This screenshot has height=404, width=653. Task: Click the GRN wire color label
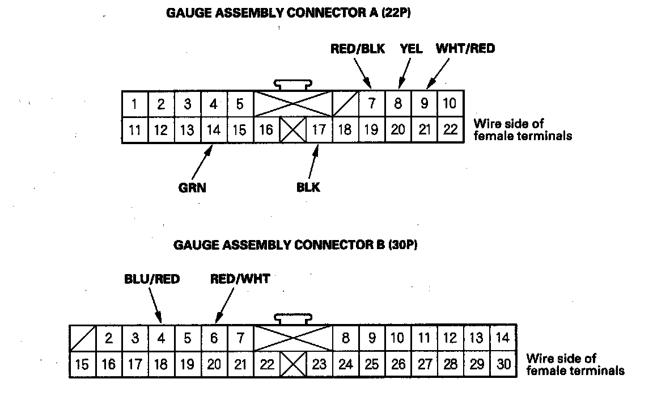[x=192, y=188]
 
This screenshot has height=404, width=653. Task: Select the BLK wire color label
[x=308, y=187]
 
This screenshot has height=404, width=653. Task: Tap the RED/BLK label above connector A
[x=357, y=49]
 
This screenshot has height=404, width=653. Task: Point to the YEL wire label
[x=411, y=49]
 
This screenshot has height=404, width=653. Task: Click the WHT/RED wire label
[x=465, y=49]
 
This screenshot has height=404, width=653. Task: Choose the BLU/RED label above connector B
[x=152, y=279]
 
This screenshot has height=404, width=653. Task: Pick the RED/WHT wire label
[x=240, y=279]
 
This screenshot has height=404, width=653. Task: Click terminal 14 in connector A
[x=214, y=130]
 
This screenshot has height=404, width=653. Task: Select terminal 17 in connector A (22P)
[x=319, y=130]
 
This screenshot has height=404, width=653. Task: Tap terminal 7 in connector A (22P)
[x=372, y=104]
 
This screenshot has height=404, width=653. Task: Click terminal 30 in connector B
[x=503, y=364]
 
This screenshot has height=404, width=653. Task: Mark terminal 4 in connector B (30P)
[x=161, y=339]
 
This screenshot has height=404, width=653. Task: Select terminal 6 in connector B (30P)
[x=214, y=339]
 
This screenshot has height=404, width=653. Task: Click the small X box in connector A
[x=293, y=130]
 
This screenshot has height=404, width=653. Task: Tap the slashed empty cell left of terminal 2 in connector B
[x=82, y=339]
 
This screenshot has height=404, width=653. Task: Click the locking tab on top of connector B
[x=293, y=318]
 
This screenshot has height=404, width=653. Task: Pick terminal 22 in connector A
[x=451, y=130]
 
